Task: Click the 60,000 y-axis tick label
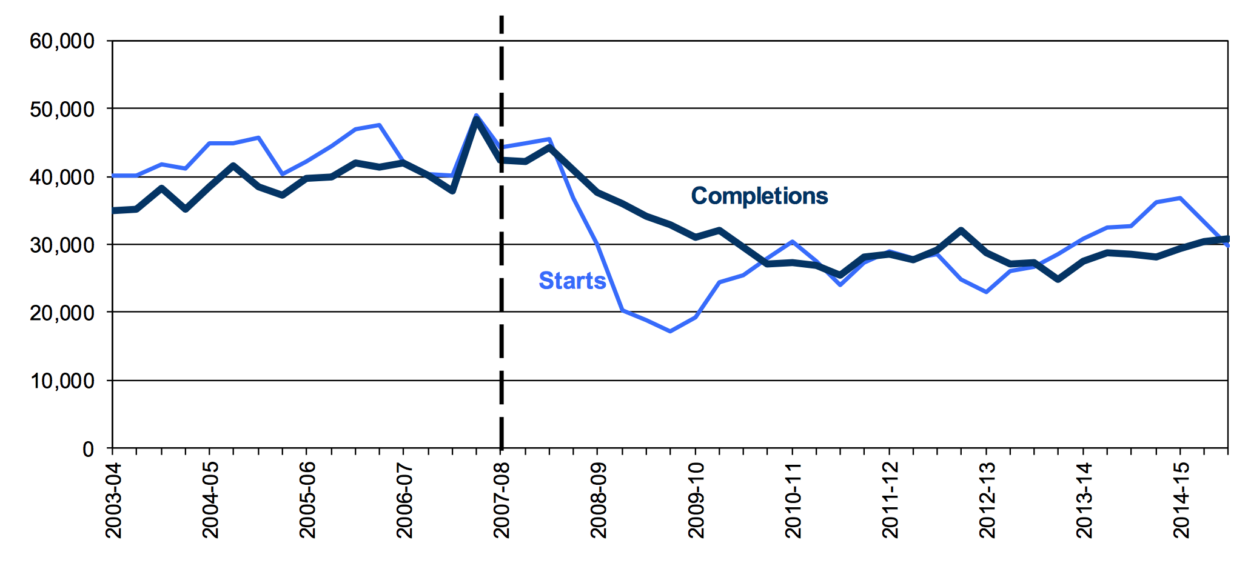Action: pos(62,41)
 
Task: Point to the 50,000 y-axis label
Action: pos(62,110)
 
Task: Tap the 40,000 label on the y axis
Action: pos(62,178)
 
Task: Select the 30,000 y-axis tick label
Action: pos(62,245)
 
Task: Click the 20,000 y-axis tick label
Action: pos(62,313)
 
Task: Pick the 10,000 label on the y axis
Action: pos(62,381)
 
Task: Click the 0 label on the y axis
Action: pos(89,449)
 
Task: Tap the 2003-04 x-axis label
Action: pos(113,501)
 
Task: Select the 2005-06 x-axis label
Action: pos(307,501)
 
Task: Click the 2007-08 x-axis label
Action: pos(502,501)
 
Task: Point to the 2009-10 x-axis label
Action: pos(696,501)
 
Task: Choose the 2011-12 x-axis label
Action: pos(890,501)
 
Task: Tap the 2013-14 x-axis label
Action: pos(1084,501)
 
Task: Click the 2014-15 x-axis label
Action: pos(1181,501)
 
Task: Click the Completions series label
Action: pos(759,196)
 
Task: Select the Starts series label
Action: pos(572,281)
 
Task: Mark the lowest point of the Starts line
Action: pos(670,331)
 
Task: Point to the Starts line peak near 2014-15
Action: pos(1180,198)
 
